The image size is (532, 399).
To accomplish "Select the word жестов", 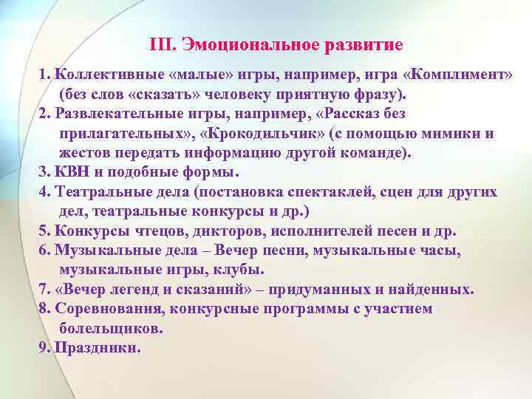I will (85, 153).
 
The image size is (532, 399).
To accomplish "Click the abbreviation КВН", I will (73, 172).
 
